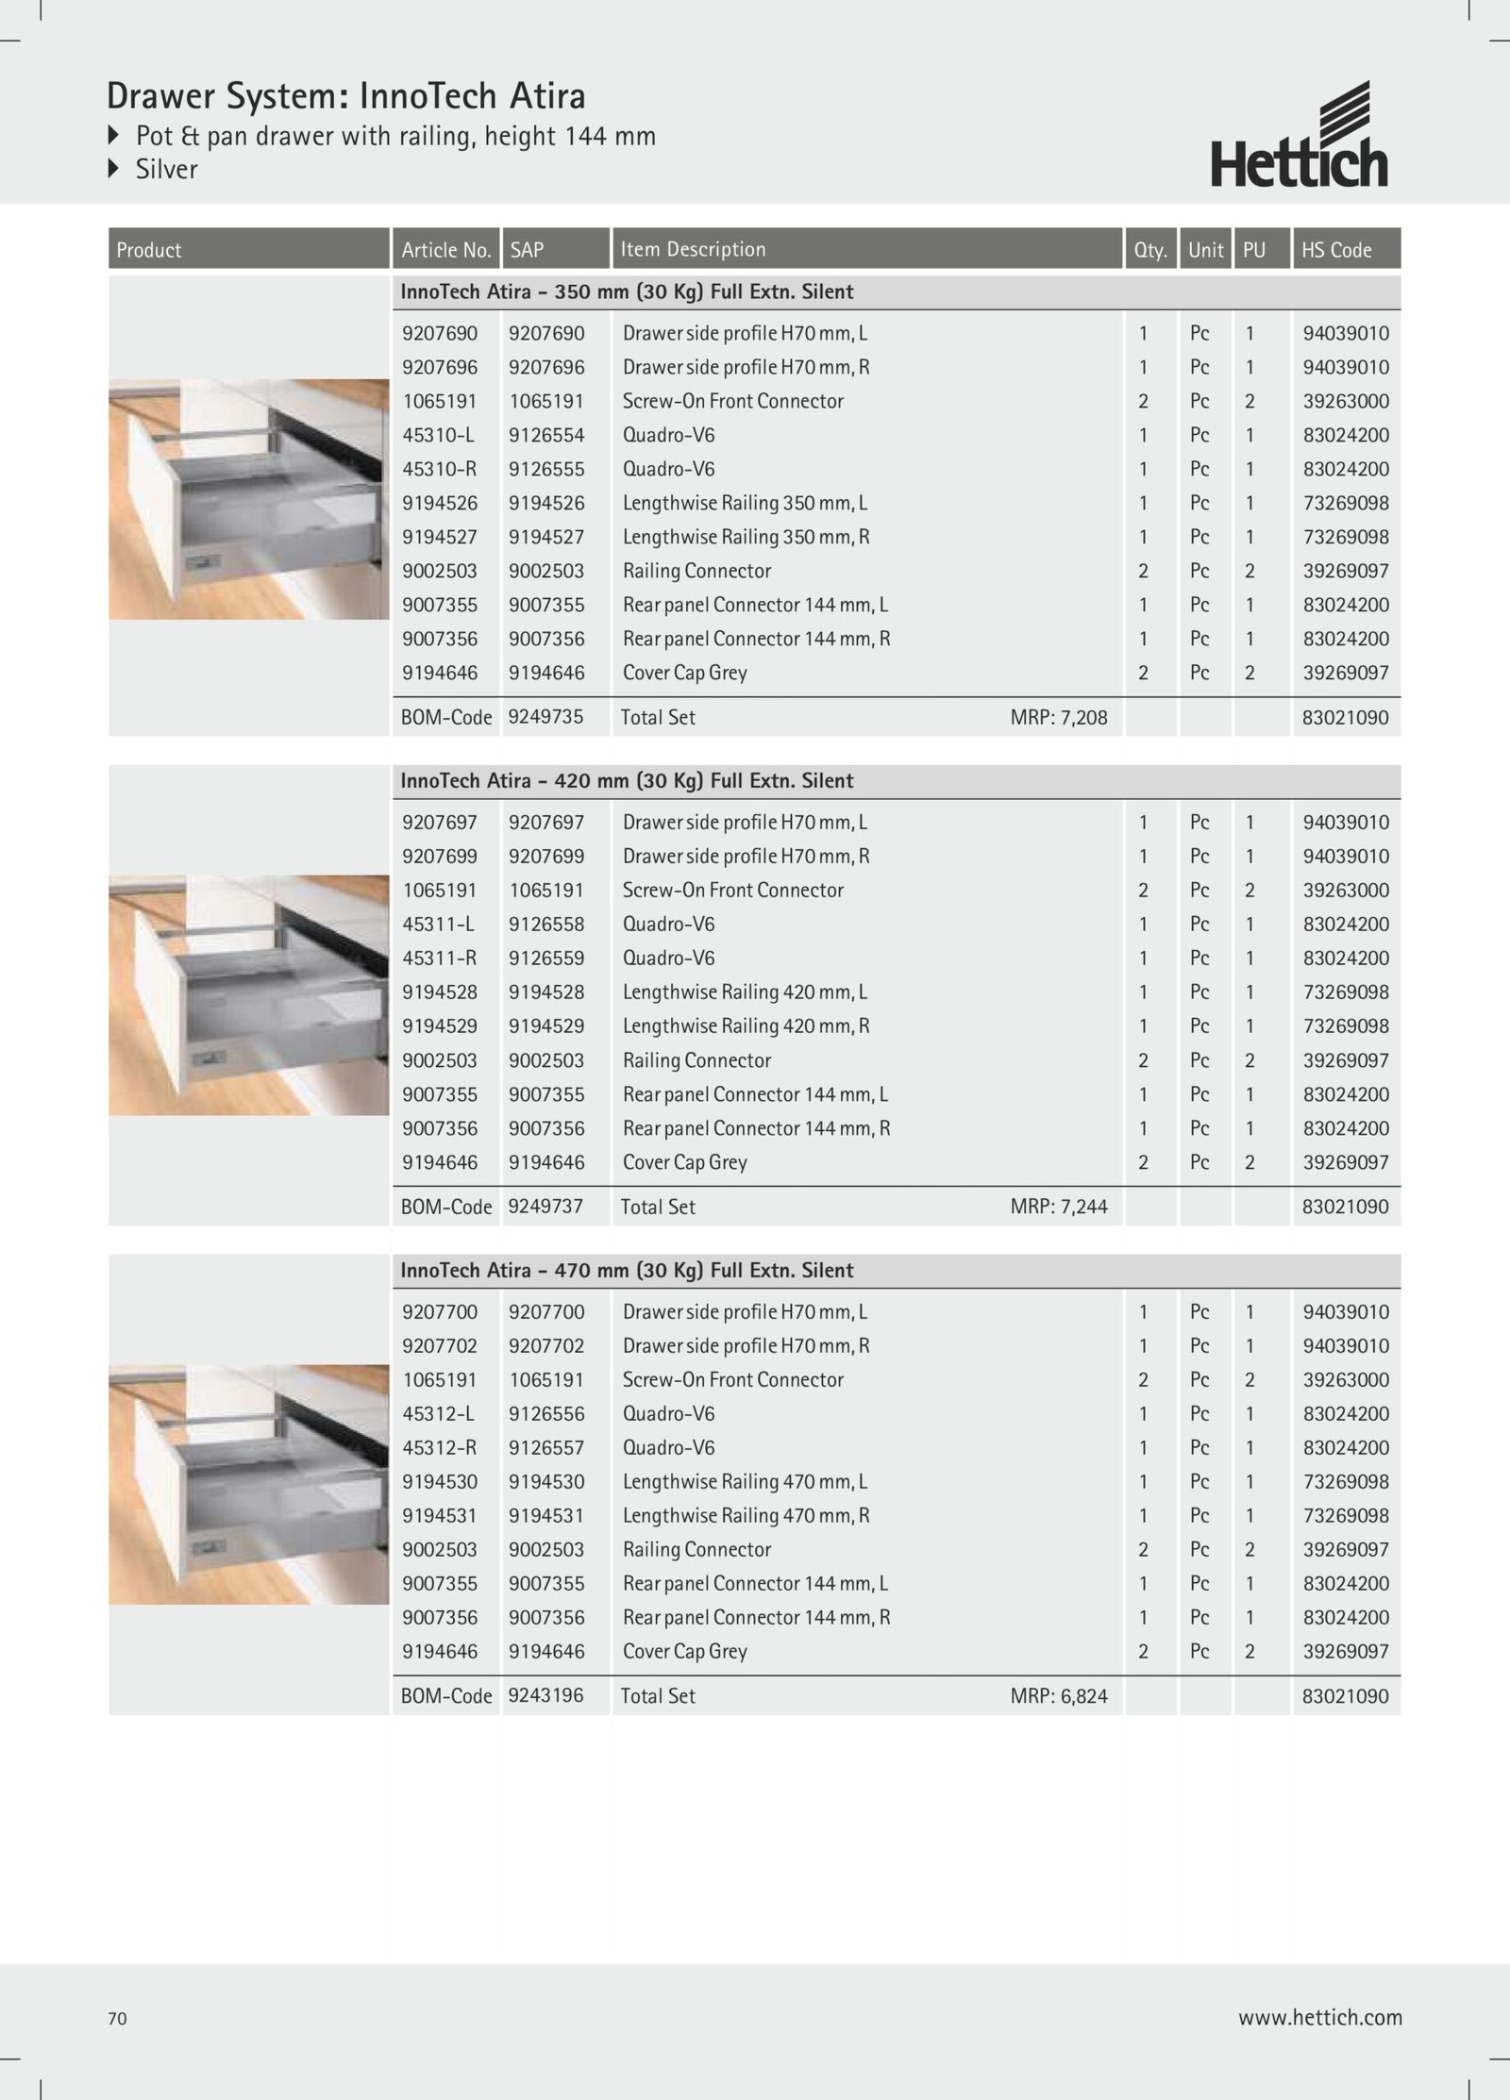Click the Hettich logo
pos(1299,136)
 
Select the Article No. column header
pos(445,250)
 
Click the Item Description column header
pos(693,249)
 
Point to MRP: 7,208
pos(1058,717)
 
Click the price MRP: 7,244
pos(1058,1207)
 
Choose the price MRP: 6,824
pos(1058,1696)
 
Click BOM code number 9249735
pos(545,717)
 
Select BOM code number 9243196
pos(545,1695)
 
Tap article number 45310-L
pos(439,435)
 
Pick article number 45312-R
pos(439,1447)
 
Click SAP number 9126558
pos(546,925)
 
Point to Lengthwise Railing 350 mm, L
pos(745,503)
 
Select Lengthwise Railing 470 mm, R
pos(746,1515)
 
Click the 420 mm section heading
pos(627,781)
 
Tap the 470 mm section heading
pos(627,1271)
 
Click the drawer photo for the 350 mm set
pos(248,499)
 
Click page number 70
pos(117,2018)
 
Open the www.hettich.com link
pos(1319,2017)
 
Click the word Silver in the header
pos(166,170)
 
